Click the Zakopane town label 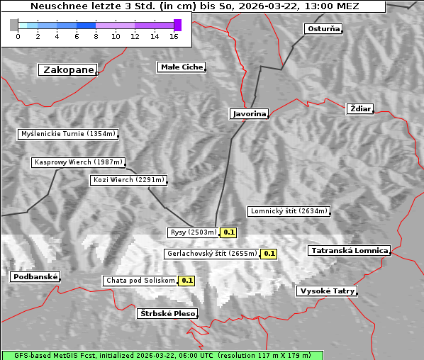[67, 69]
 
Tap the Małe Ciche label [181, 67]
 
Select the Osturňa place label [323, 29]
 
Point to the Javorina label [249, 113]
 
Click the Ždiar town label [360, 108]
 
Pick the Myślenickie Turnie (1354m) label [67, 134]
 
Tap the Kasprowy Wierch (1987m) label [79, 162]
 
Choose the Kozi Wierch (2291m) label [129, 180]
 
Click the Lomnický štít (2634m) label [289, 211]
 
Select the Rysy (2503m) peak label [193, 232]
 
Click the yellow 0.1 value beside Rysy [229, 232]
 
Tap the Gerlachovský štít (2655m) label [211, 254]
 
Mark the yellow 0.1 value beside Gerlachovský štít [269, 254]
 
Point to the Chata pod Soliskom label [139, 281]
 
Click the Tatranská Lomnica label [350, 251]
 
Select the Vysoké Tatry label [327, 291]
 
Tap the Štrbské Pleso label [167, 313]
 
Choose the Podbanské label [35, 277]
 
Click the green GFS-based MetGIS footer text [162, 355]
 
